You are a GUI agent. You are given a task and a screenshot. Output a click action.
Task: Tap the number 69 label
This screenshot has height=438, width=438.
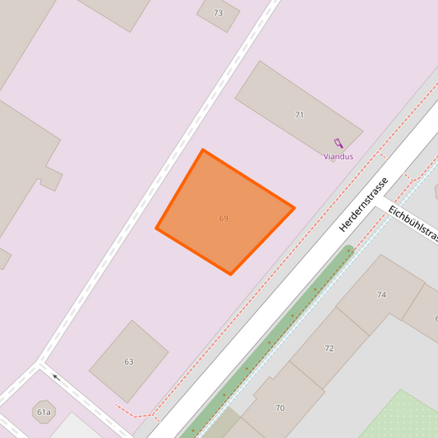[224, 219]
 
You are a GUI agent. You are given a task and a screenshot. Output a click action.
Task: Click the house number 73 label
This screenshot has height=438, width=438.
[218, 13]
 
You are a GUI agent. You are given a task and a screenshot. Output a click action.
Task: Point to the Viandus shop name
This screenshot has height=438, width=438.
[338, 156]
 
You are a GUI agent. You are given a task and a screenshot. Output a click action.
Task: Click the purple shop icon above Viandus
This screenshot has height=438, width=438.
[338, 143]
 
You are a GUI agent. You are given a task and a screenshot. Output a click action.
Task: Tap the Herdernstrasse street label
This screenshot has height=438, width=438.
[362, 204]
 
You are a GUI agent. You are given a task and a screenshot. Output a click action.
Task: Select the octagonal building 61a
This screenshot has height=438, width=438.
[43, 412]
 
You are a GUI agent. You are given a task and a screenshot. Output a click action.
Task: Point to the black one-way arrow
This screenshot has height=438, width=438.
[56, 378]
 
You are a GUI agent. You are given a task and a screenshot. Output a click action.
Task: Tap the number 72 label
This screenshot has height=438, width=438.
[329, 348]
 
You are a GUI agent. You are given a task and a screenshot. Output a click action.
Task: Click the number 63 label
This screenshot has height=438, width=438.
[129, 362]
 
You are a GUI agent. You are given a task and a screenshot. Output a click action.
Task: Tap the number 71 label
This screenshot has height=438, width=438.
[299, 115]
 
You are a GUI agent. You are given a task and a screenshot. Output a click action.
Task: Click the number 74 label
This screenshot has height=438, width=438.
[381, 294]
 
